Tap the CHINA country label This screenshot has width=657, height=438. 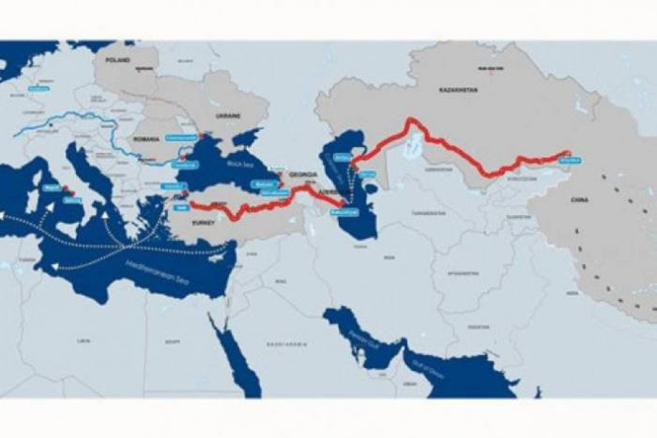point(579,200)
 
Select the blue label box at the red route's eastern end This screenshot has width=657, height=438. point(570,160)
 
